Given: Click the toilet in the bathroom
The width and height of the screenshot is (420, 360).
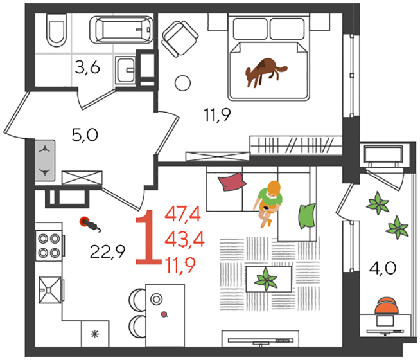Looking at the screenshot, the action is tap(57, 30).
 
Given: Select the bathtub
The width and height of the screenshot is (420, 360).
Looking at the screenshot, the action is tap(121, 30).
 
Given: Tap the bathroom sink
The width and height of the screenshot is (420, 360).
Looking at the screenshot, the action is tap(125, 70).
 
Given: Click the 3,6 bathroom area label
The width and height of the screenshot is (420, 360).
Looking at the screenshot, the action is tap(87, 67).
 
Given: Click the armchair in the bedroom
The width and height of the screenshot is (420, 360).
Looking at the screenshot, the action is tap(180, 39).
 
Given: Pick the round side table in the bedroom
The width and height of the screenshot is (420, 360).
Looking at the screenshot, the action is tap(182, 83).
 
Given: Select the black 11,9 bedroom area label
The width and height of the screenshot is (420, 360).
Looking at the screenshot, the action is tap(217, 114).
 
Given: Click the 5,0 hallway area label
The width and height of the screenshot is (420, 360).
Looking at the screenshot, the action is tap(85, 135).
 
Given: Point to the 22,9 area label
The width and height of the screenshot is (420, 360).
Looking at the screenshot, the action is tap(107, 252).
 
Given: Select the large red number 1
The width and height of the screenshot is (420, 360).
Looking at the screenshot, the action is tap(148, 237).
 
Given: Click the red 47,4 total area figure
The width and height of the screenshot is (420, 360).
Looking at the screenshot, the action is tap(182, 214).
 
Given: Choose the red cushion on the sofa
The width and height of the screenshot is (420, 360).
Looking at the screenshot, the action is tap(232, 181).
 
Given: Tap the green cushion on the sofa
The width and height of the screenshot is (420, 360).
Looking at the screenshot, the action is tap(307, 216).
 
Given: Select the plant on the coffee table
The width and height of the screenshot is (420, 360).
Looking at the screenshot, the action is tap(266, 279).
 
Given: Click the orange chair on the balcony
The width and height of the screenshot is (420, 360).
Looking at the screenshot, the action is tap(387, 306).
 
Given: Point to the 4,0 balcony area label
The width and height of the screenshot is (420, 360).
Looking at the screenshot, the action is tap(383, 268).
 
